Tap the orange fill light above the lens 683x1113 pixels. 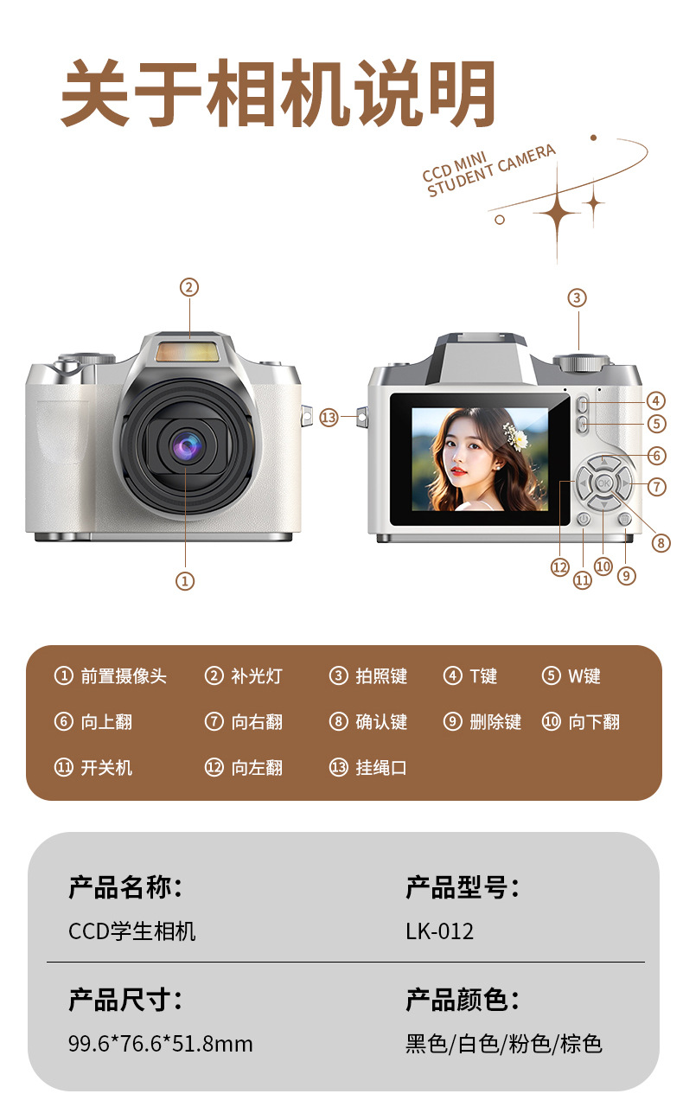pyautogui.click(x=187, y=352)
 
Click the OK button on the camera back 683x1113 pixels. pyautogui.click(x=603, y=483)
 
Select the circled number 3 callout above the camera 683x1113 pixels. pyautogui.click(x=577, y=297)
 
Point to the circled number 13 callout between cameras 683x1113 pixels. pyautogui.click(x=329, y=418)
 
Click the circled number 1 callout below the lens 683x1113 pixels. pyautogui.click(x=185, y=580)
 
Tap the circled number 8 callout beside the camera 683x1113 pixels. pyautogui.click(x=661, y=542)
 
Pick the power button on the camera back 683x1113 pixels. pyautogui.click(x=584, y=520)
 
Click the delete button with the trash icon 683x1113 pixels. pyautogui.click(x=625, y=520)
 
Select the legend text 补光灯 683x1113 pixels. pyautogui.click(x=257, y=675)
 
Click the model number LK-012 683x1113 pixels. pyautogui.click(x=439, y=931)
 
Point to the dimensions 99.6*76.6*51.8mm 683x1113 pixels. pyautogui.click(x=161, y=1044)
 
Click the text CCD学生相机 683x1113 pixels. pyautogui.click(x=132, y=931)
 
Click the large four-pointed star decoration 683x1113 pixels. pyautogui.click(x=557, y=214)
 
